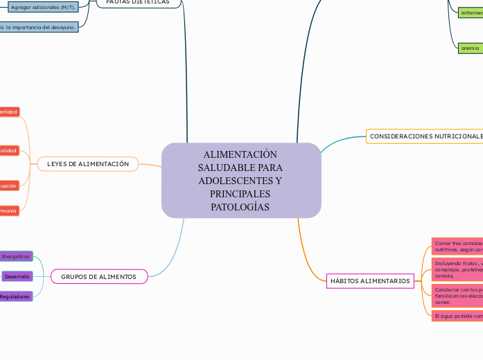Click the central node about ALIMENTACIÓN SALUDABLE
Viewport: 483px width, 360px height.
[x=241, y=180]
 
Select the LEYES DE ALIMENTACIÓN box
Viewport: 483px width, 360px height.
[x=87, y=164]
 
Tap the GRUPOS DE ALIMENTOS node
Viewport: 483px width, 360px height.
[x=99, y=277]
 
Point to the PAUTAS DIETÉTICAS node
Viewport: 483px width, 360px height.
[x=139, y=2]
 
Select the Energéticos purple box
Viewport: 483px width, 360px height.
[x=16, y=256]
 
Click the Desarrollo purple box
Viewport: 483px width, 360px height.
[x=16, y=276]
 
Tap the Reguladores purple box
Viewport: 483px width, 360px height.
[x=15, y=296]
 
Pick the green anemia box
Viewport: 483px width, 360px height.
[x=470, y=48]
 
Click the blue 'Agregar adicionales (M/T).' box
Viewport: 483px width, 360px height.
[x=43, y=8]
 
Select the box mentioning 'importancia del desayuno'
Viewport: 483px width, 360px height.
[x=38, y=27]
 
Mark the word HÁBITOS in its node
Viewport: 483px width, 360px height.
[x=344, y=280]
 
